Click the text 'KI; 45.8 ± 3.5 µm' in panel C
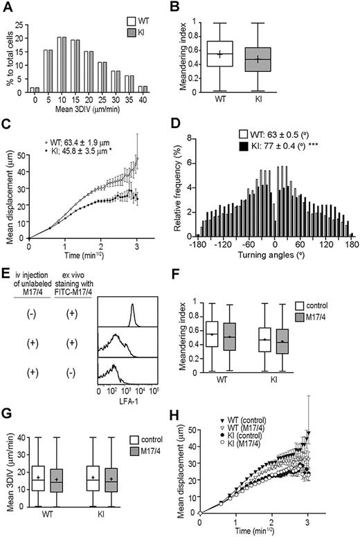tap(73, 157)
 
